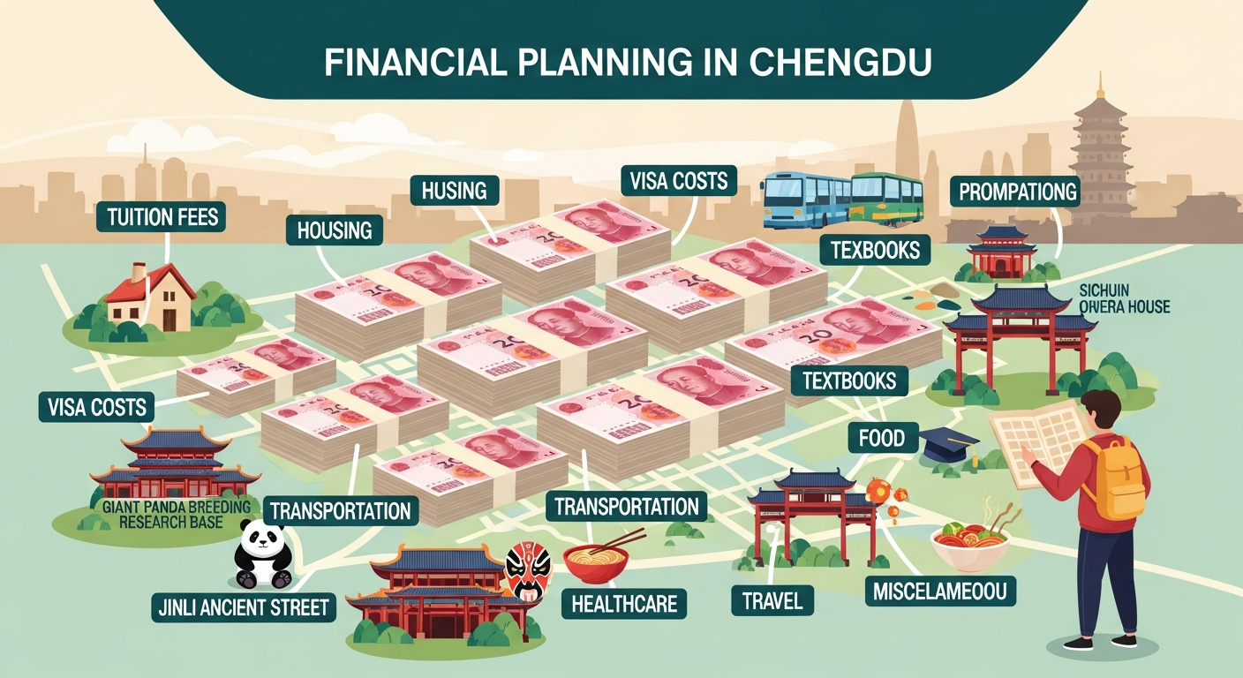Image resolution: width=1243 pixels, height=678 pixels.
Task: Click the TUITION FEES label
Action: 164,217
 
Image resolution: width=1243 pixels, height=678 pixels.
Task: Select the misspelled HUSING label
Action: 455,190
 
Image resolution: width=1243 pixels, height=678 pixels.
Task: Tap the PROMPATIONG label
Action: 1015,190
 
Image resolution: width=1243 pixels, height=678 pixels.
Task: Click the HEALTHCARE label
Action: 624,604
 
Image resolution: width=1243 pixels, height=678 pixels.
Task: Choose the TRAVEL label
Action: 772,601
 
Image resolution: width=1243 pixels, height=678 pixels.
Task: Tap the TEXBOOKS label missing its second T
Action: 875,250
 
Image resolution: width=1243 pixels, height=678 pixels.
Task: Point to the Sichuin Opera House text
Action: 1124,298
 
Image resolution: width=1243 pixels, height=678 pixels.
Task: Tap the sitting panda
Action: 262,554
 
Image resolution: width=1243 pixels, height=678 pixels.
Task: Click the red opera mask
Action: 527,570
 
